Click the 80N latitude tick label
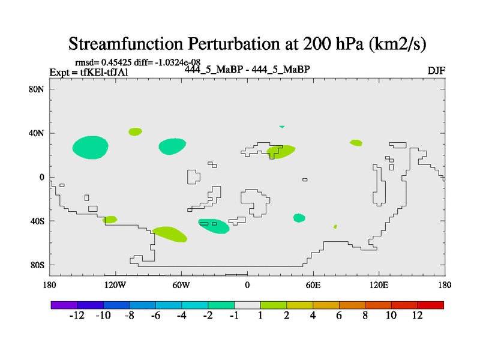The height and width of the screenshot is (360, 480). pyautogui.click(x=37, y=89)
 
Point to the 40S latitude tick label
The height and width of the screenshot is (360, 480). pyautogui.click(x=37, y=221)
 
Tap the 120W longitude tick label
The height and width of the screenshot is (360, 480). pyautogui.click(x=115, y=286)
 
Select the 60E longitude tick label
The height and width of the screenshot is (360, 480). pyautogui.click(x=313, y=286)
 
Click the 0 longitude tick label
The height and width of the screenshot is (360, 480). pyautogui.click(x=247, y=286)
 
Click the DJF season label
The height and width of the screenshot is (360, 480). pyautogui.click(x=436, y=71)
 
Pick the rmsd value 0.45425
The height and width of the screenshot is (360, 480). pyautogui.click(x=116, y=62)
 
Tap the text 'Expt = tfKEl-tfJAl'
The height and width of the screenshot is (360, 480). pyautogui.click(x=89, y=73)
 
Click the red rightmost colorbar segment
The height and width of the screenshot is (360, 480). pyautogui.click(x=431, y=305)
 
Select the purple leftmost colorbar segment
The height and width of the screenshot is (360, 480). pyautogui.click(x=64, y=305)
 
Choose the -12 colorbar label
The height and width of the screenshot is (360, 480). pyautogui.click(x=77, y=316)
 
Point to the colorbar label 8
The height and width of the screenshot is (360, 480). pyautogui.click(x=365, y=316)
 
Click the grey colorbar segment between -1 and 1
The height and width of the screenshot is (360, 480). pyautogui.click(x=247, y=305)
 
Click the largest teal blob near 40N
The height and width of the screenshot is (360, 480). pyautogui.click(x=91, y=148)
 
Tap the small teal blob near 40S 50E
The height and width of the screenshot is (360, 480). pyautogui.click(x=299, y=218)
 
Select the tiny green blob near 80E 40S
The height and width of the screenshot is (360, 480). pyautogui.click(x=335, y=227)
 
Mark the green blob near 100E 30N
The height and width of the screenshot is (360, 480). pyautogui.click(x=356, y=143)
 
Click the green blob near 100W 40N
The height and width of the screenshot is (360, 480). pyautogui.click(x=135, y=132)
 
